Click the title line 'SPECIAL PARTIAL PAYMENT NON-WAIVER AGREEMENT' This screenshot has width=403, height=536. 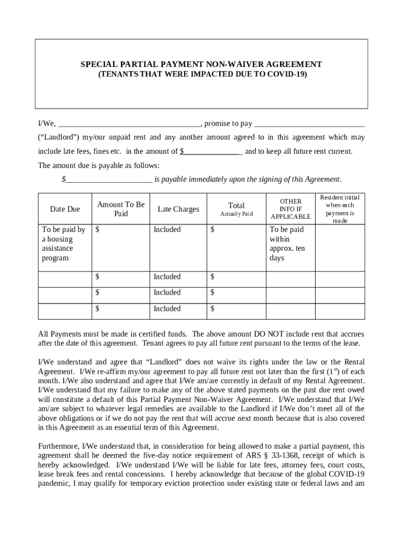click(201, 64)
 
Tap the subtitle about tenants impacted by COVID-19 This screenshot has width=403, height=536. click(201, 74)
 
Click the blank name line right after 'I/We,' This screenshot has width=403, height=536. click(129, 125)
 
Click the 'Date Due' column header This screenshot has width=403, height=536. click(65, 209)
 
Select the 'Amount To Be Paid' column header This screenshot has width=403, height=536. click(121, 209)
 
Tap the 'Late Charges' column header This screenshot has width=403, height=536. click(178, 209)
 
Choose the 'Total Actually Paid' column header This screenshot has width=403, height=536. click(237, 209)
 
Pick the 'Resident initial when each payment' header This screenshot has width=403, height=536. click(340, 209)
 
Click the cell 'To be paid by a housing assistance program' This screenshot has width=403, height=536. click(64, 244)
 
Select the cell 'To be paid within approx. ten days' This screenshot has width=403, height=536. click(287, 244)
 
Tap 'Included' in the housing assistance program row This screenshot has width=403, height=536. click(167, 230)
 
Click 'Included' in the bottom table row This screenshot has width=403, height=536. click(167, 309)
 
